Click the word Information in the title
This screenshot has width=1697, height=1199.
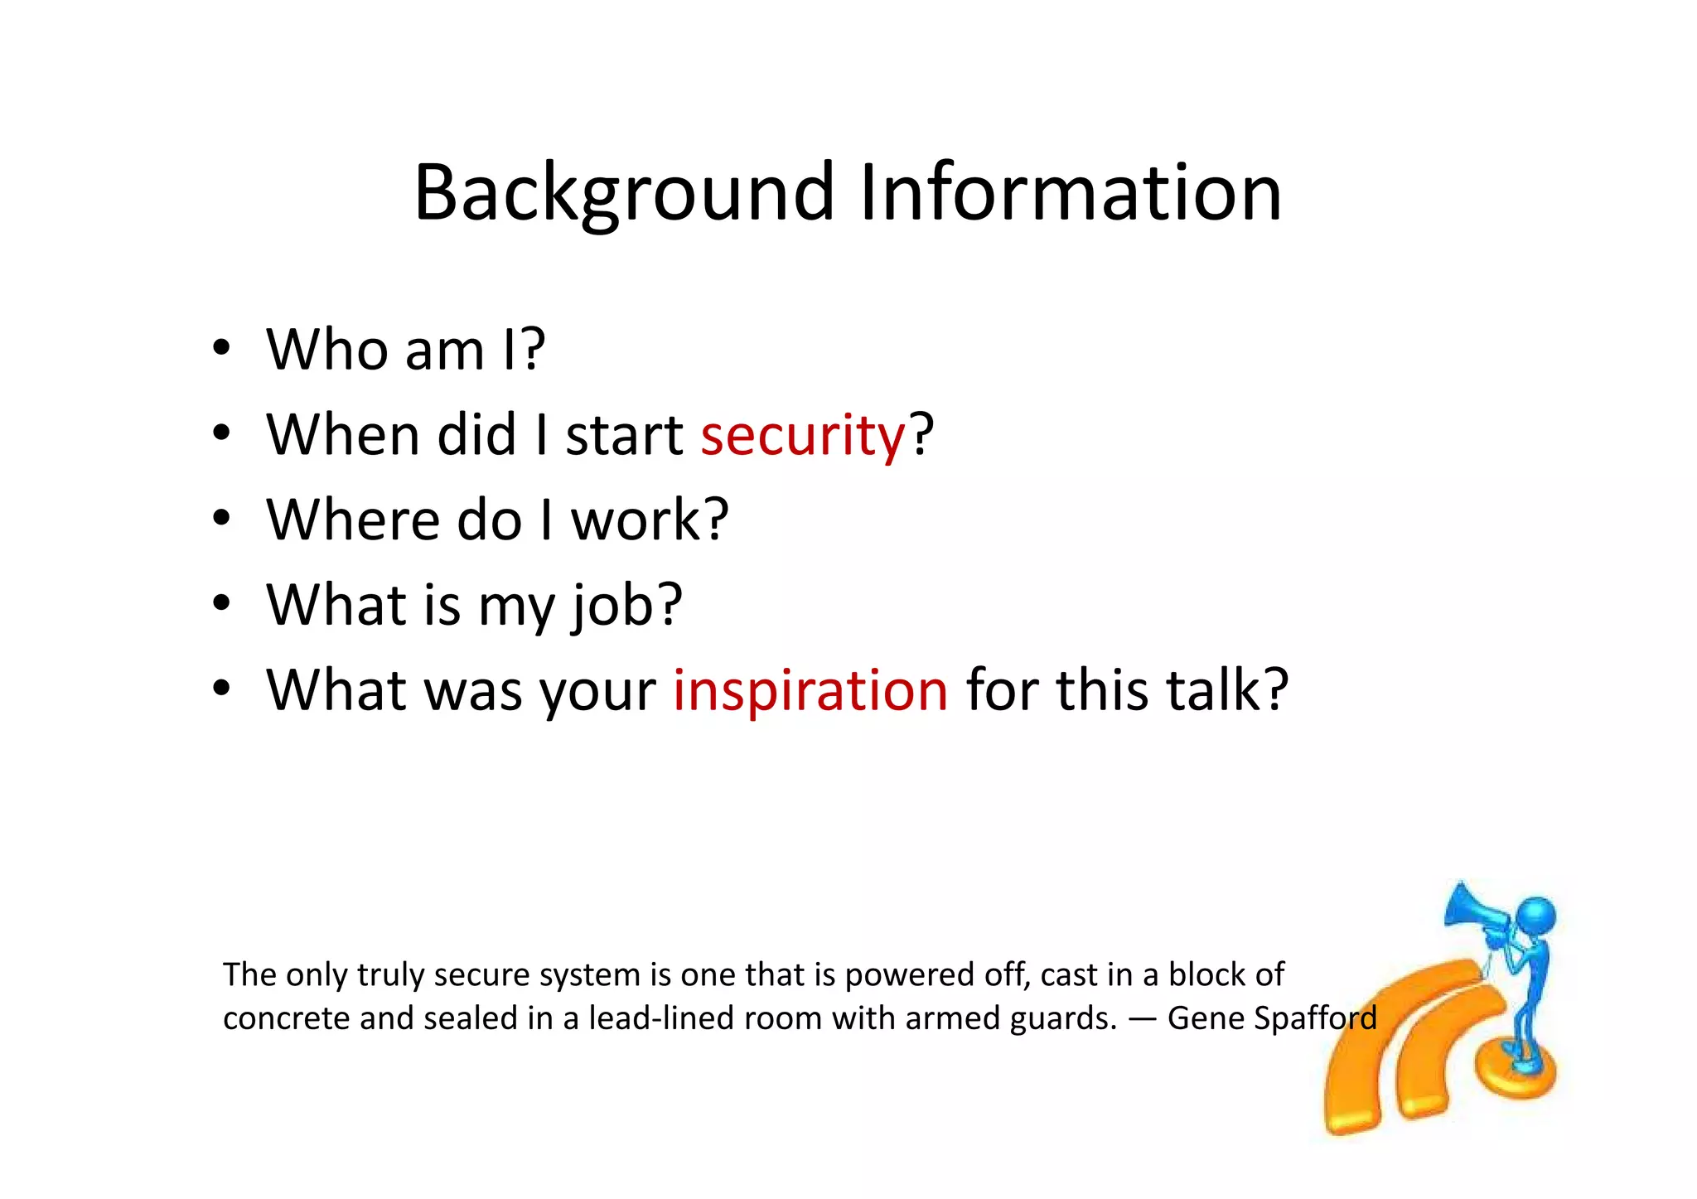[1071, 192]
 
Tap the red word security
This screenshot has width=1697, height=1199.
[802, 436]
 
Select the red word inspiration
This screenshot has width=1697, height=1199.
[810, 690]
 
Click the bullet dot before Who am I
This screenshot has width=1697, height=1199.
[220, 349]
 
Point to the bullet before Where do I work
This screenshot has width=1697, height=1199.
[220, 520]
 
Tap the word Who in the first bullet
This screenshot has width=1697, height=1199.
[326, 349]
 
